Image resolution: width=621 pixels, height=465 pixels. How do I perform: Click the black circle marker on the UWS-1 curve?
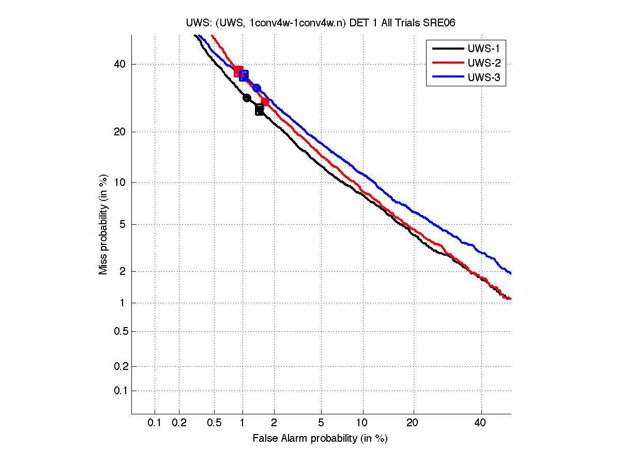point(247,98)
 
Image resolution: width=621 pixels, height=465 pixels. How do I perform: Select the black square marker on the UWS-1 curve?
point(259,110)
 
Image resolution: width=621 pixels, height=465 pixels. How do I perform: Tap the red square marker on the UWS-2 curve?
point(238,71)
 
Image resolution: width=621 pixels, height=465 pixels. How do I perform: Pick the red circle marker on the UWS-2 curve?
point(265,102)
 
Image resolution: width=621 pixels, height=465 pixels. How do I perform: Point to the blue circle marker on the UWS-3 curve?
point(256,88)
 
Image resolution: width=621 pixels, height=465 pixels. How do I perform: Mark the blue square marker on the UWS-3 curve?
point(244,75)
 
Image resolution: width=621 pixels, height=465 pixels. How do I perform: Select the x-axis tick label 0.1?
point(155,423)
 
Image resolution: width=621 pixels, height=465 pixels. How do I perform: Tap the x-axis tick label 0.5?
point(214,423)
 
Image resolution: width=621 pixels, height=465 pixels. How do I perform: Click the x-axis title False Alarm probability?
point(320,439)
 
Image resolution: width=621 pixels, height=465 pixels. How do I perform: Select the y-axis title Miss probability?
point(104,224)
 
